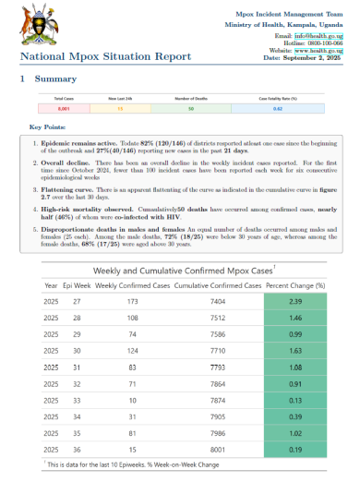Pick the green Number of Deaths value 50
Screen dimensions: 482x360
click(190, 109)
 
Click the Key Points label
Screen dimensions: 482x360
click(47, 127)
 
